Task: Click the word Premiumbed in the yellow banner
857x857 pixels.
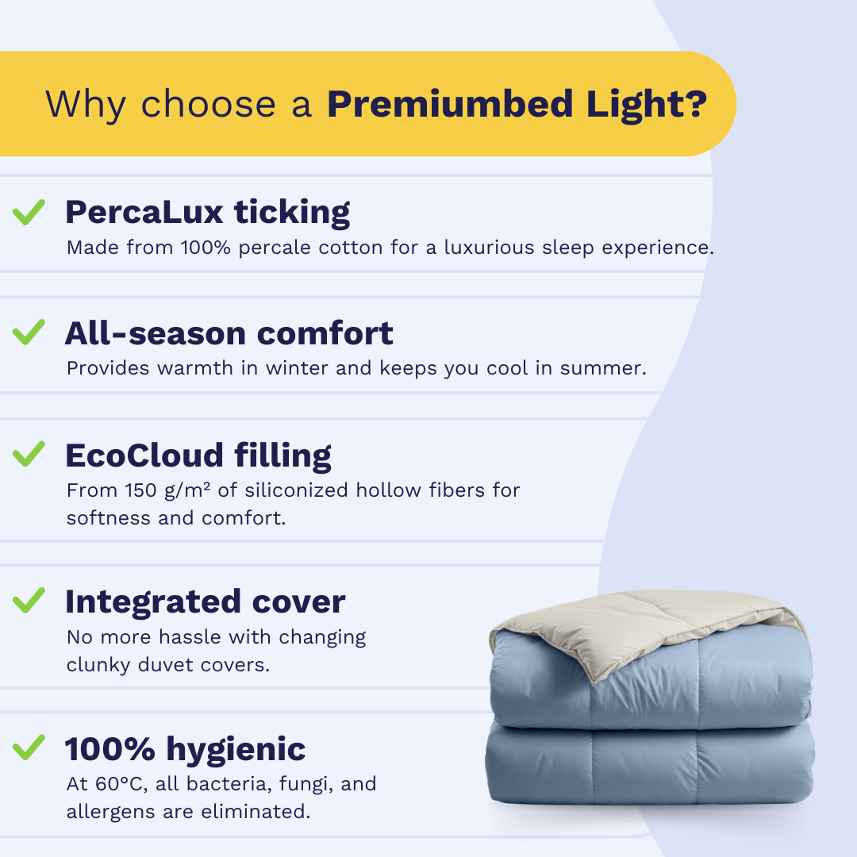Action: pyautogui.click(x=451, y=104)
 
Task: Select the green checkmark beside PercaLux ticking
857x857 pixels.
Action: pyautogui.click(x=29, y=212)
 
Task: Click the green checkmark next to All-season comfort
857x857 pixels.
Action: pyautogui.click(x=29, y=332)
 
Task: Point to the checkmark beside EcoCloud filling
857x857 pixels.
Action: pyautogui.click(x=29, y=454)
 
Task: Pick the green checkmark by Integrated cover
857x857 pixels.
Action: pyautogui.click(x=29, y=601)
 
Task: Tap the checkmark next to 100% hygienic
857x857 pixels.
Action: pyautogui.click(x=29, y=747)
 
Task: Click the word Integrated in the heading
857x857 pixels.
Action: pyautogui.click(x=153, y=602)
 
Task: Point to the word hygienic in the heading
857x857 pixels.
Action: pyautogui.click(x=236, y=749)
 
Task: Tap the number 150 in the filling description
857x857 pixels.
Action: pyautogui.click(x=141, y=490)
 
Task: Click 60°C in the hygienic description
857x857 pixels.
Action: pyautogui.click(x=121, y=784)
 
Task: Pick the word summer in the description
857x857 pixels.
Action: pyautogui.click(x=603, y=368)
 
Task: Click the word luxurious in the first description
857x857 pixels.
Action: pyautogui.click(x=489, y=247)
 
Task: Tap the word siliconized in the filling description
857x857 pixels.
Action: pyautogui.click(x=296, y=490)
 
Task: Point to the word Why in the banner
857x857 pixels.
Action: pyautogui.click(x=86, y=105)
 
